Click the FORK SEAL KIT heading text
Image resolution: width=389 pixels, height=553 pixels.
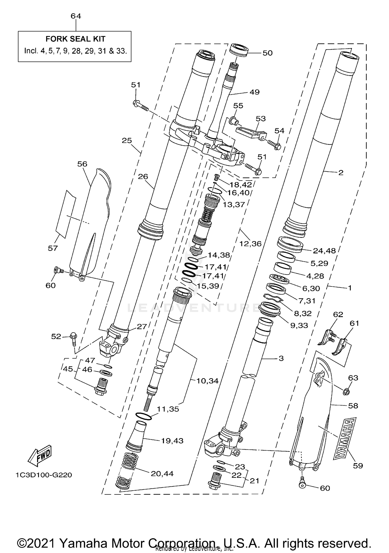[75, 39]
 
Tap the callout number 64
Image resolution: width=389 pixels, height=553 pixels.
[76, 16]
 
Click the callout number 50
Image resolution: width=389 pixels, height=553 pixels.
[267, 53]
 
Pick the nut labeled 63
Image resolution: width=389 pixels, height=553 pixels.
[346, 392]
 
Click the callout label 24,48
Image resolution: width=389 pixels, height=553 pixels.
[324, 251]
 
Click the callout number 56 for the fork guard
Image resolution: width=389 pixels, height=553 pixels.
[82, 164]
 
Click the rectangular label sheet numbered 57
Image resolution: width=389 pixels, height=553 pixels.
[66, 214]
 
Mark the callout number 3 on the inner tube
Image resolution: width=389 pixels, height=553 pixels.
[281, 358]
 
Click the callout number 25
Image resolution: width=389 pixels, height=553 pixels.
[127, 140]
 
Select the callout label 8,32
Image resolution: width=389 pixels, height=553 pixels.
[303, 313]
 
